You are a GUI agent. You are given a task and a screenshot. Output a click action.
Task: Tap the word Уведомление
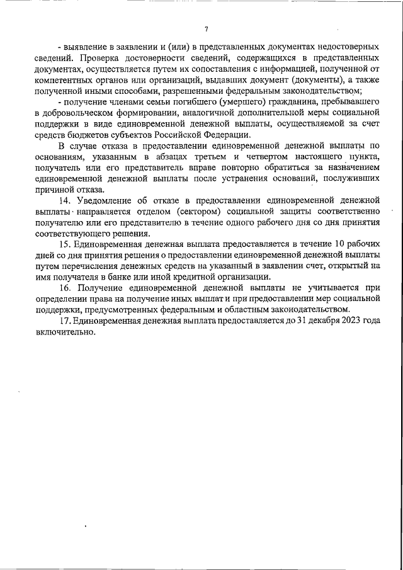pos(104,200)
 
